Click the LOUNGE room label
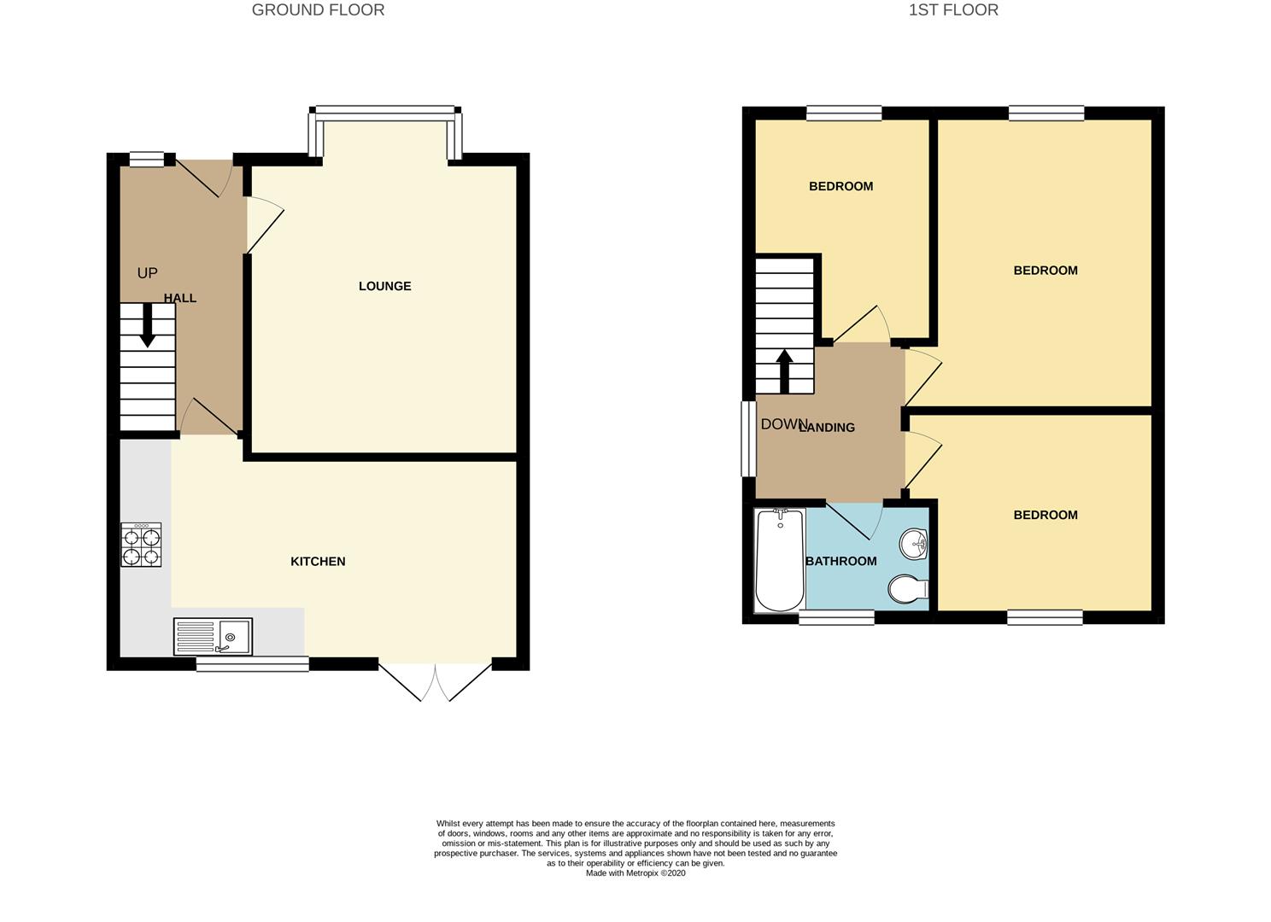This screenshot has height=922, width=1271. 384,286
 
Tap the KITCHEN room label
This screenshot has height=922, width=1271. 318,561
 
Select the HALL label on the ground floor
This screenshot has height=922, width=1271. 180,298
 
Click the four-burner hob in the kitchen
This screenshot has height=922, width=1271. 141,546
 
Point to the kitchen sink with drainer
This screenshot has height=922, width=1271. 213,637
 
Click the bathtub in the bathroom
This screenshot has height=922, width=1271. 779,560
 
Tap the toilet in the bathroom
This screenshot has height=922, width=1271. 908,589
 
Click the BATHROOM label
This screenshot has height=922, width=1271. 841,561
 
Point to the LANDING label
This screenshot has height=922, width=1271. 827,427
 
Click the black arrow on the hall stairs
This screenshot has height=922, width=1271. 147,326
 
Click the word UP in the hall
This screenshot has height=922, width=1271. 147,273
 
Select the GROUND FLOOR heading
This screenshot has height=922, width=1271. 318,10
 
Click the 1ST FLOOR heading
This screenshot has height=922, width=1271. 953,10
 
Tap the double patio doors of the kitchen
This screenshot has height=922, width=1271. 436,681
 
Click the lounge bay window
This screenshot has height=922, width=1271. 387,110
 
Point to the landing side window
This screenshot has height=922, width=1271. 748,439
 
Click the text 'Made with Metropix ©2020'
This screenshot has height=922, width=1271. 635,873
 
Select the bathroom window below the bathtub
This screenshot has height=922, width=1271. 836,617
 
